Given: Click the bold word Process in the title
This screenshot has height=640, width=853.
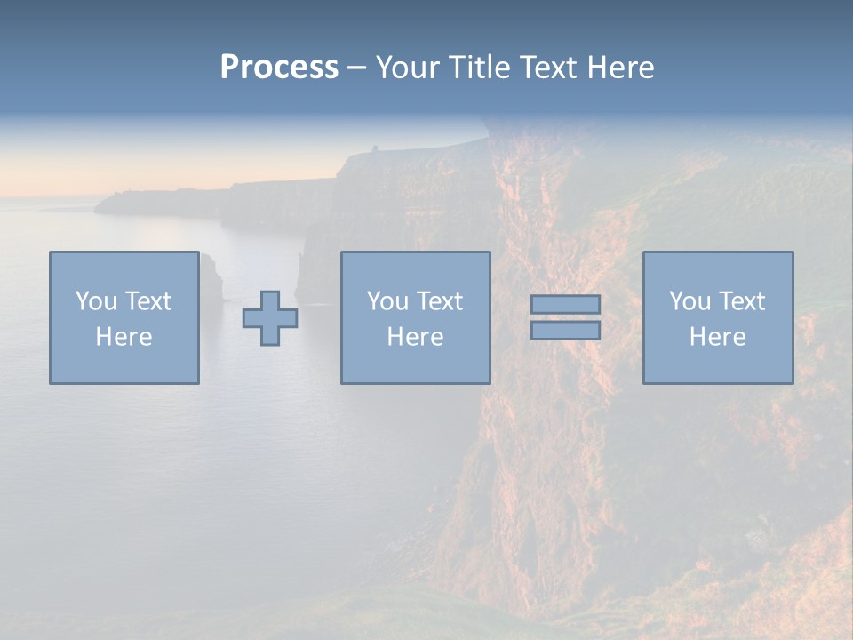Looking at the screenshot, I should click(279, 68).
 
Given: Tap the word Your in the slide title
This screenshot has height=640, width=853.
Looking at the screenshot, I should click(407, 68).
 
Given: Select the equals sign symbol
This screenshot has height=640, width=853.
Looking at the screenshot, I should click(565, 317).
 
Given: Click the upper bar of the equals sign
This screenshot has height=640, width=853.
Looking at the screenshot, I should click(565, 305).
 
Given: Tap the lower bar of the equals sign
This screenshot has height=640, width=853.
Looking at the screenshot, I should click(565, 330).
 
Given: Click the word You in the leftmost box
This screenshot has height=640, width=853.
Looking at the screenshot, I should click(95, 301).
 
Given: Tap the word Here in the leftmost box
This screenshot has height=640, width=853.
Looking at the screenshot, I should click(124, 337).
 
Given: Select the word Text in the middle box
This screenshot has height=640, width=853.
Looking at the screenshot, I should click(440, 301).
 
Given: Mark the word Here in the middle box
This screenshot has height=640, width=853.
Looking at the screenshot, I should click(415, 337).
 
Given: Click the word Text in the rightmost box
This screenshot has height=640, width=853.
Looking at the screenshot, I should click(742, 301).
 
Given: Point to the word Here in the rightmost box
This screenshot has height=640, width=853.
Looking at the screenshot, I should click(717, 337).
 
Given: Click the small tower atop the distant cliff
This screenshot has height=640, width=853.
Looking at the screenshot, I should click(375, 148).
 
